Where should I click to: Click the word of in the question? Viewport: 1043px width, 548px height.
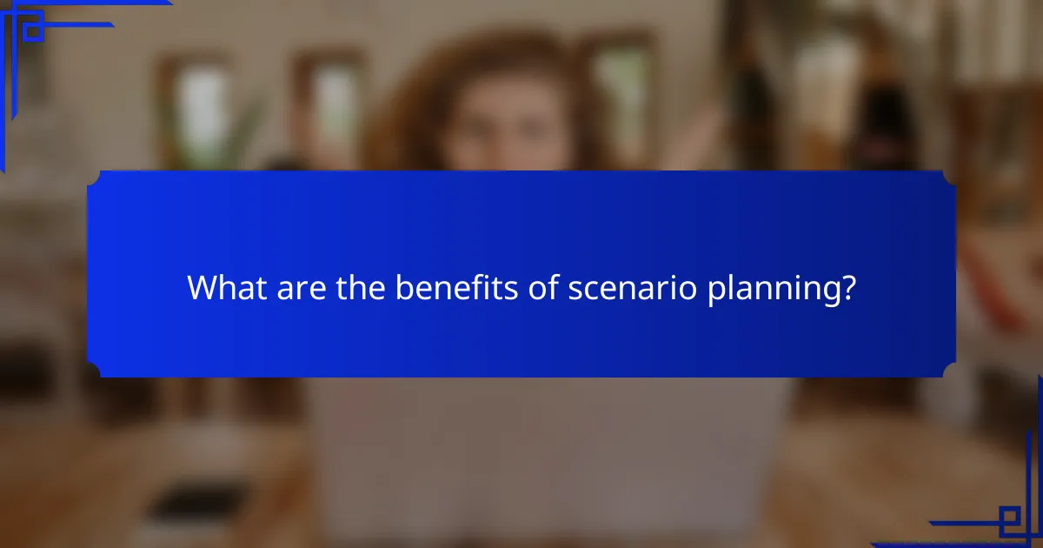click(544, 289)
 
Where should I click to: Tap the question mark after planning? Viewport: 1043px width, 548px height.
click(847, 289)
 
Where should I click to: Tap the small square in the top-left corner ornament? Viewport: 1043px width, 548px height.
click(33, 30)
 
